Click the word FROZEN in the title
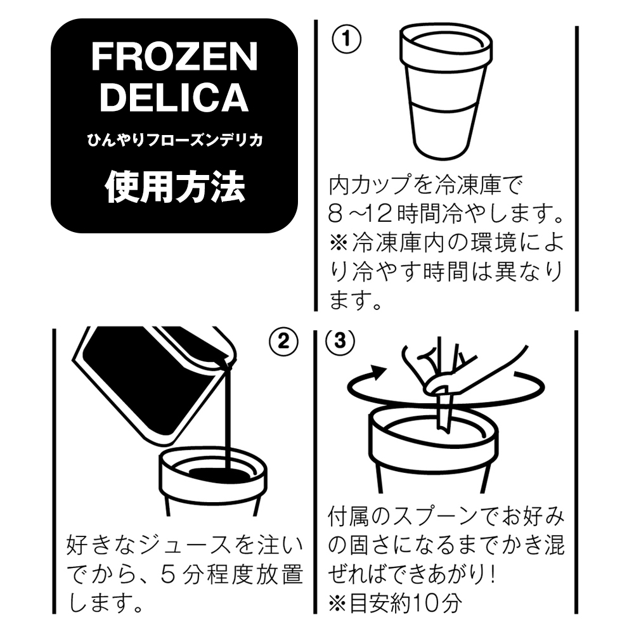(174, 56)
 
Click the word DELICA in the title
(174, 98)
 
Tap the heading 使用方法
(175, 186)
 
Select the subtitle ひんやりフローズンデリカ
(175, 140)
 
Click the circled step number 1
(346, 39)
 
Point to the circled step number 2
(283, 342)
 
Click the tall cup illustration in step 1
(446, 92)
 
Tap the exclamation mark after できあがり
(492, 574)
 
